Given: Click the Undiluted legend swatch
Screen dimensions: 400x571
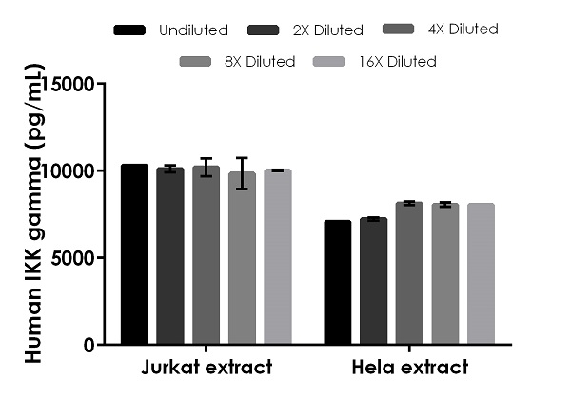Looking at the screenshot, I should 129,30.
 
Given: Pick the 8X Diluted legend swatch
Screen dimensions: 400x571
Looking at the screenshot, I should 194,62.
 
